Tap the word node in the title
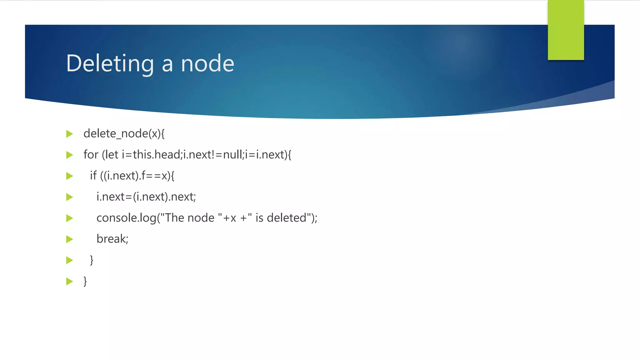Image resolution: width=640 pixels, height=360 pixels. [x=207, y=63]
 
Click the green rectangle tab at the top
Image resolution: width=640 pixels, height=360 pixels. [x=566, y=30]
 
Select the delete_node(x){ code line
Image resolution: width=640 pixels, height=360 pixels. [x=124, y=134]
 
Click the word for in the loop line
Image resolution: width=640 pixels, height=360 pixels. [x=91, y=155]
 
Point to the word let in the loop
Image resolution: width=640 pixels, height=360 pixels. [x=112, y=155]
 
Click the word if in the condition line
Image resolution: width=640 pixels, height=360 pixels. [x=93, y=176]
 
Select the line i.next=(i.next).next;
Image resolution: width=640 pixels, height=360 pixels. [x=146, y=197]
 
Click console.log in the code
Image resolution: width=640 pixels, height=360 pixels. [x=126, y=218]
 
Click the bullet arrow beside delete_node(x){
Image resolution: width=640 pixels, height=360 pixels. [x=70, y=134]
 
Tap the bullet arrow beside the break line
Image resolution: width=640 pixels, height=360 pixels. [x=70, y=239]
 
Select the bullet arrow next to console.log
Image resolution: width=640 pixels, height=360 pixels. [x=70, y=218]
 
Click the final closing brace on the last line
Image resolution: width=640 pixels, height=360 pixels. [x=85, y=281]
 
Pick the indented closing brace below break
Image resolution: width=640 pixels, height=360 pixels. [x=92, y=260]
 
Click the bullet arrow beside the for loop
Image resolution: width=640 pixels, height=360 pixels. [x=70, y=155]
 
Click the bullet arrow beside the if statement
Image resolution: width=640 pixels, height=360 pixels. [x=70, y=176]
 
